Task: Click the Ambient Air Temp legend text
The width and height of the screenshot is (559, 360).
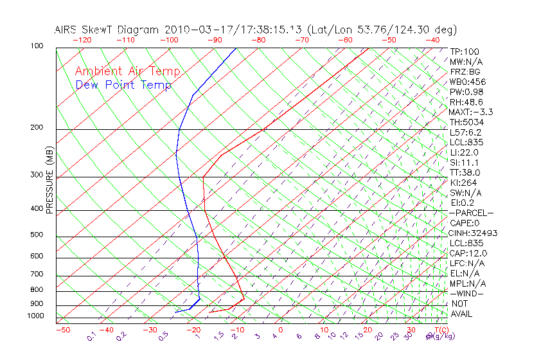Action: pos(127,71)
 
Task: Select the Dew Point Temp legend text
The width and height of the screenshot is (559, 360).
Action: pos(123,85)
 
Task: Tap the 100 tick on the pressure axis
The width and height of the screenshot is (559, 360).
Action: pos(37,47)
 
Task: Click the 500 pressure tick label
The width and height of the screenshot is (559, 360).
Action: pos(37,235)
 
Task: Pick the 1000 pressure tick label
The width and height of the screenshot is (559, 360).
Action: pos(35,316)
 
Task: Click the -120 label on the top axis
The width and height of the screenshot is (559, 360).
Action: pos(82,40)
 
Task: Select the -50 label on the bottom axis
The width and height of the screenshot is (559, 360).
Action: pos(62,330)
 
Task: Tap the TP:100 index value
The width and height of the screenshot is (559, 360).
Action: pos(465,51)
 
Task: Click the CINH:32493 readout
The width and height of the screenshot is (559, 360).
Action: pos(474,233)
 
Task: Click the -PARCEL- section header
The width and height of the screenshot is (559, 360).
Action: pos(471,213)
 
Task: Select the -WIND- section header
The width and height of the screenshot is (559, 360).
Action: pos(466,293)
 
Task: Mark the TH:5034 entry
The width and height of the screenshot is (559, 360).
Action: pos(466,122)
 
